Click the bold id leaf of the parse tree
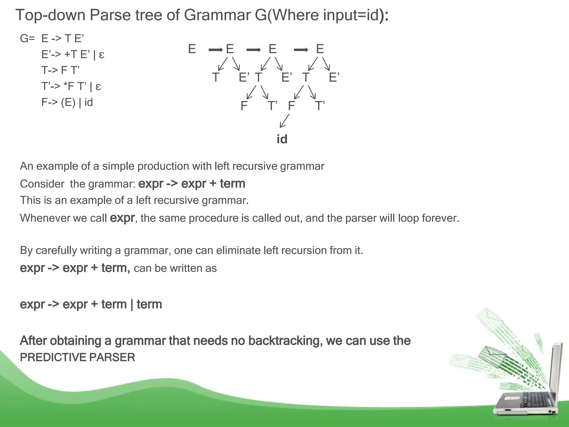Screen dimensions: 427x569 point(282,139)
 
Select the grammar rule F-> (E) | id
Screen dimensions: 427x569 point(67,102)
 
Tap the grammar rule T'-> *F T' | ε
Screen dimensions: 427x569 point(71,86)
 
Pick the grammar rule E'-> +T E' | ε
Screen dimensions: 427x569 point(73,54)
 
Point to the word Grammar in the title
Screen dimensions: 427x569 point(217,15)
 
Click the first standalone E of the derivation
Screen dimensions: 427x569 point(192,49)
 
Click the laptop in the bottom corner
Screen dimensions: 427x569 point(525,389)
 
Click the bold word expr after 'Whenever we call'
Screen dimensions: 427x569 point(122,218)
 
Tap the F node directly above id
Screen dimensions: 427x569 point(291,106)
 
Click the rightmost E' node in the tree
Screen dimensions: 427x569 point(334,77)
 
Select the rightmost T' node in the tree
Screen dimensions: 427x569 point(320,106)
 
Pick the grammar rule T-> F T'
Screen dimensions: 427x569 point(60,70)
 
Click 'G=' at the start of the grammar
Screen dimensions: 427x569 point(27,38)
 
